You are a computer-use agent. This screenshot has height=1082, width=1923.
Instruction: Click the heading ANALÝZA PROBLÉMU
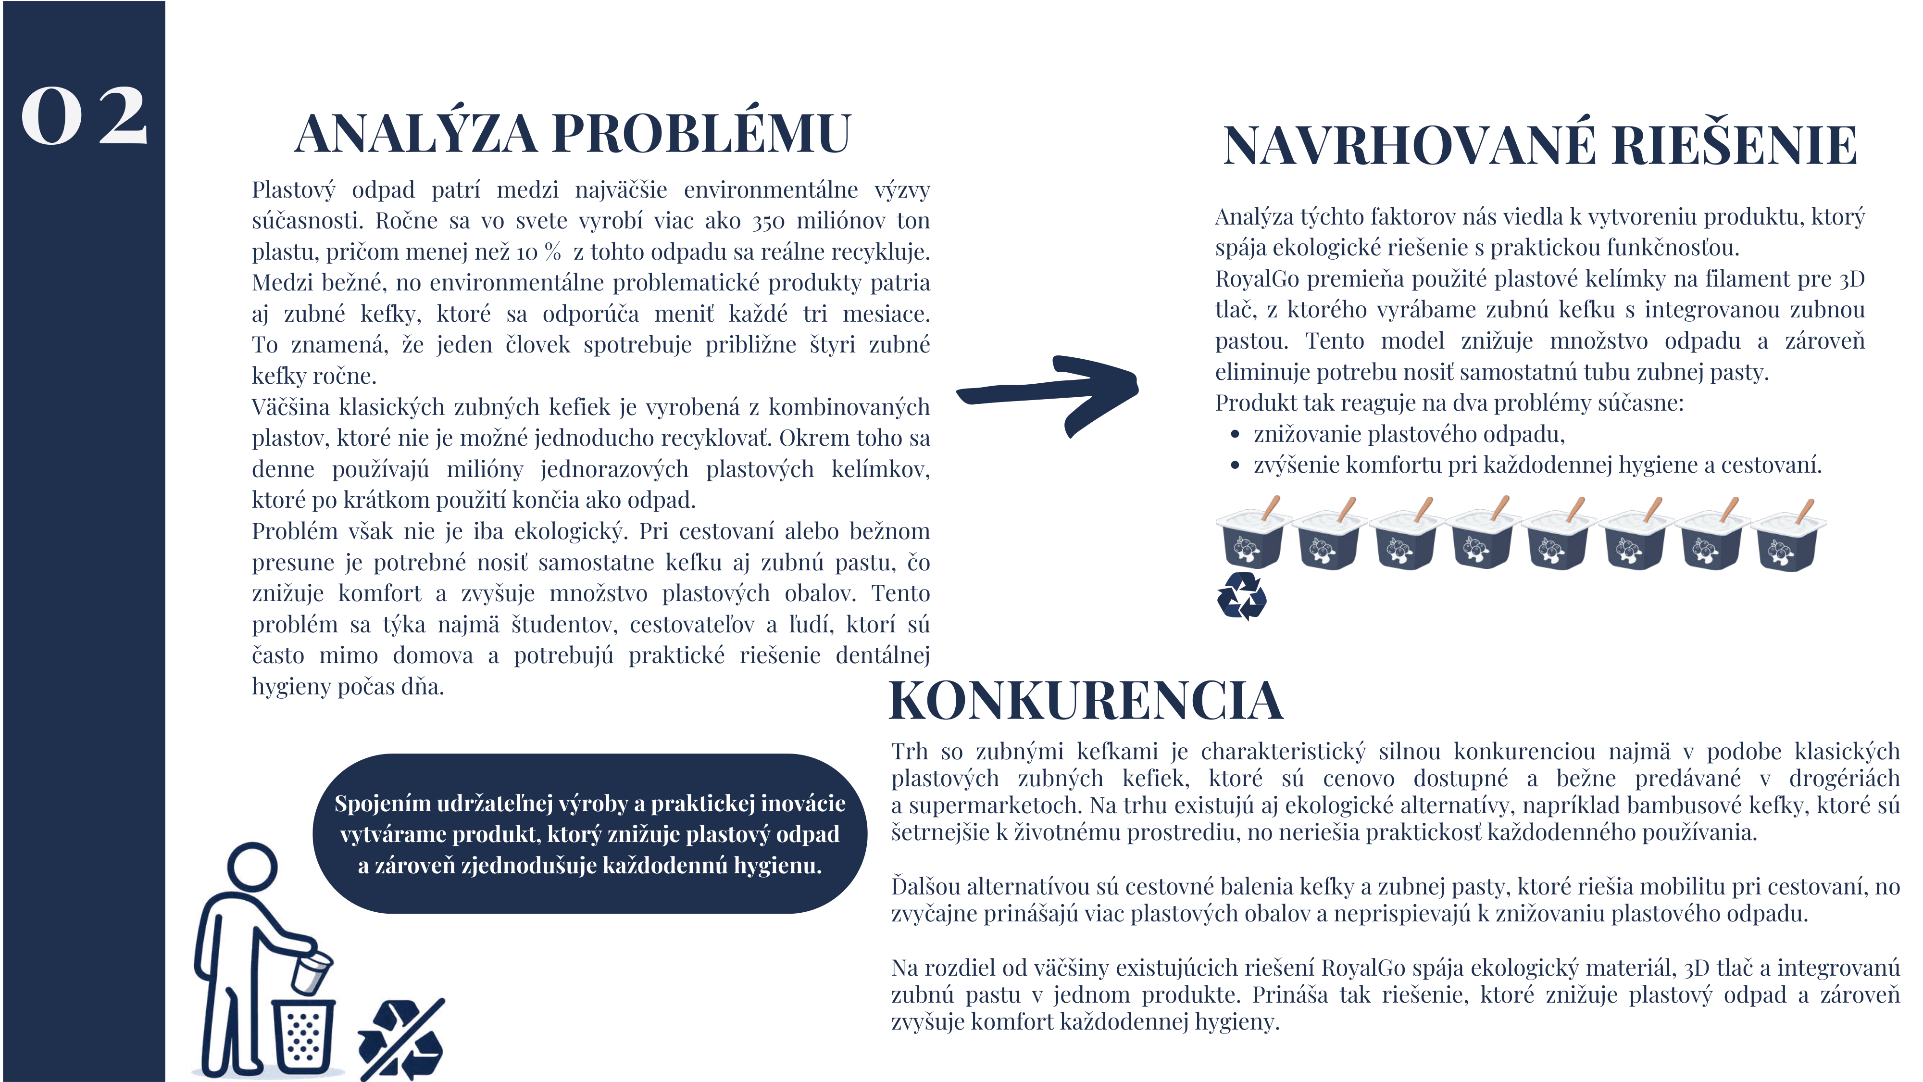coord(573,135)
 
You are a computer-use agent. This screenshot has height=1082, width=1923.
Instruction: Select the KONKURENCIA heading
coord(1086,701)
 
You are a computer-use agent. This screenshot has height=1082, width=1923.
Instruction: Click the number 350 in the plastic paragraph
coord(768,222)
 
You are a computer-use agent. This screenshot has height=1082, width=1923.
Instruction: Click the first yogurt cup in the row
coord(1252,537)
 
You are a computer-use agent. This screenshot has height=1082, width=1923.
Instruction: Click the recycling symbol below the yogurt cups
coord(1241,596)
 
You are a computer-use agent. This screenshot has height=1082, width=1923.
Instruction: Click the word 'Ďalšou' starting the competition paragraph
coord(925,887)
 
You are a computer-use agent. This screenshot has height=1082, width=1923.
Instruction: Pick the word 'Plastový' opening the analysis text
coord(293,190)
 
